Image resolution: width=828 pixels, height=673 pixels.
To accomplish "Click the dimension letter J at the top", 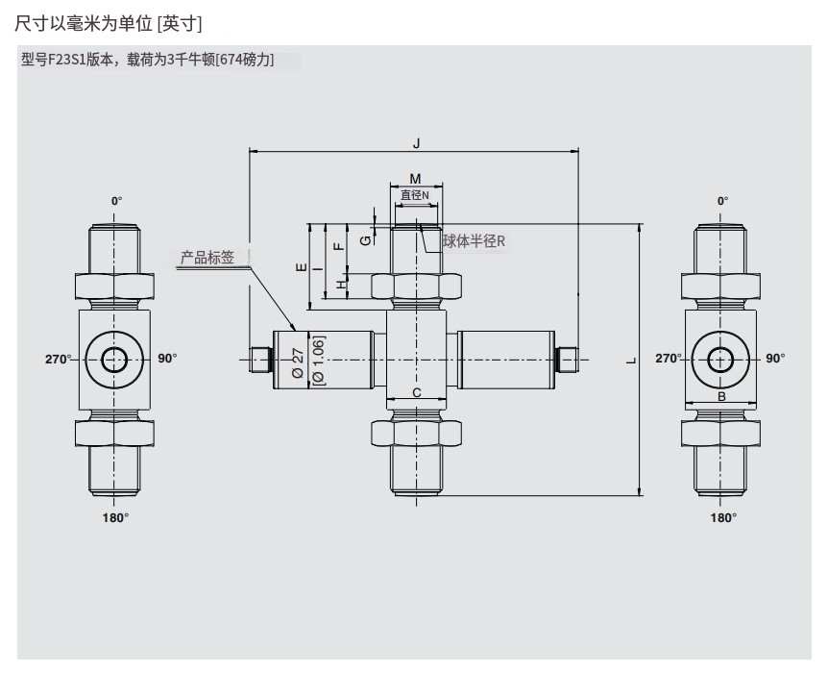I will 416,143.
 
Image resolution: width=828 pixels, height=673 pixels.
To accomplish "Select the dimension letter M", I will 415,179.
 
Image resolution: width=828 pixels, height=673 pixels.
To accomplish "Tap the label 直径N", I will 415,195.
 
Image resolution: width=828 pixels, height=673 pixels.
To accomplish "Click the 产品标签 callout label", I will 207,258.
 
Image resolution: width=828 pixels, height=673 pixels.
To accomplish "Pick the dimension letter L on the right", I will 631,360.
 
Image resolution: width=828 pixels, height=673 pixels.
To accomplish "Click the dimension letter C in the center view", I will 416,392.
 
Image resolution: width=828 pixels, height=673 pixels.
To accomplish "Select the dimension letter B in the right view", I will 720,395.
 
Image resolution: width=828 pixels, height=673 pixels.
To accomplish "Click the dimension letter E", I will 301,266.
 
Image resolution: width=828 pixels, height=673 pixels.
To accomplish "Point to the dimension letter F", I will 337,247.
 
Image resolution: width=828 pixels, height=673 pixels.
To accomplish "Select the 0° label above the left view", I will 116,201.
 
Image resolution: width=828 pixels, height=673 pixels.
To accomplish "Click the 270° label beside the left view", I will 58,359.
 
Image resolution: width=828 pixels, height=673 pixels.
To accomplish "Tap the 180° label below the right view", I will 722,517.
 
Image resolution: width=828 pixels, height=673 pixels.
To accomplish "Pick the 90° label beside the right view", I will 775,359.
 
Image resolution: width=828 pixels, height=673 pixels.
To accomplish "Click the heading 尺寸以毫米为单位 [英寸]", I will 108,20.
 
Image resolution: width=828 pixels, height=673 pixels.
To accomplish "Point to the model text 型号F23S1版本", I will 67,60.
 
